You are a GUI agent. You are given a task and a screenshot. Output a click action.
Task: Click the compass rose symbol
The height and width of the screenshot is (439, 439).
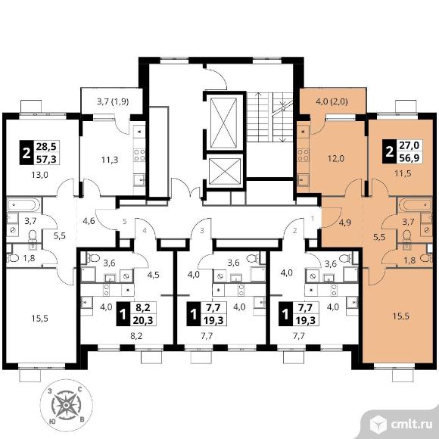[66, 405]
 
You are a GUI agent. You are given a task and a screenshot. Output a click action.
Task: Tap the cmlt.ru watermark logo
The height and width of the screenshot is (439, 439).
[401, 425]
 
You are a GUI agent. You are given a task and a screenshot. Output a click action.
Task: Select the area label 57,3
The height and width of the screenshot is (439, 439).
[46, 159]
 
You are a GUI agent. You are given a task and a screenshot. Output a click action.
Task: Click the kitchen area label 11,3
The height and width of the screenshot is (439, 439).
[110, 160]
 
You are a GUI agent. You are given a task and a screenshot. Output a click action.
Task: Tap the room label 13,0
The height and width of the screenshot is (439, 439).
[39, 175]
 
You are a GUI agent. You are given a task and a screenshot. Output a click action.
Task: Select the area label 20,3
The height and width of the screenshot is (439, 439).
[143, 319]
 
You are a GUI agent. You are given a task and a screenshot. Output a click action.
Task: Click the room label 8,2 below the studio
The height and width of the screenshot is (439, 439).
[136, 336]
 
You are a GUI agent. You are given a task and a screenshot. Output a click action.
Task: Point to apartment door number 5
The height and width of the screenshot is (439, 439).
[125, 222]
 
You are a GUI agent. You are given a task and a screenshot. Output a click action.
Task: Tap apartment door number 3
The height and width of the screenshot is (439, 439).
[202, 231]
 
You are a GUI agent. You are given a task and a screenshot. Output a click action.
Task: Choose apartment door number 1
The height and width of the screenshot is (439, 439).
[313, 219]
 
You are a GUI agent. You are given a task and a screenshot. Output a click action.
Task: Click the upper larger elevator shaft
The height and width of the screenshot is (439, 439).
[223, 123]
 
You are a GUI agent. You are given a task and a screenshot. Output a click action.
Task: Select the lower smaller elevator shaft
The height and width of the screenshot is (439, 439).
[225, 172]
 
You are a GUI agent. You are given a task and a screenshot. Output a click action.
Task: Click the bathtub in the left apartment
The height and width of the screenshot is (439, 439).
[23, 205]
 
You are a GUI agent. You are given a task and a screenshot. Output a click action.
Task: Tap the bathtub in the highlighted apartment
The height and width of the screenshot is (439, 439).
[416, 204]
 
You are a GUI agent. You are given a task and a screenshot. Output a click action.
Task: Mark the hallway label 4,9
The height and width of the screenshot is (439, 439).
[345, 223]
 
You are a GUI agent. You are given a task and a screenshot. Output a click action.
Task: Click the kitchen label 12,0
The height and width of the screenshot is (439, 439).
[336, 159]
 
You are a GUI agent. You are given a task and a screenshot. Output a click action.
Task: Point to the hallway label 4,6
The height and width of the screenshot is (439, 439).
[89, 221]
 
